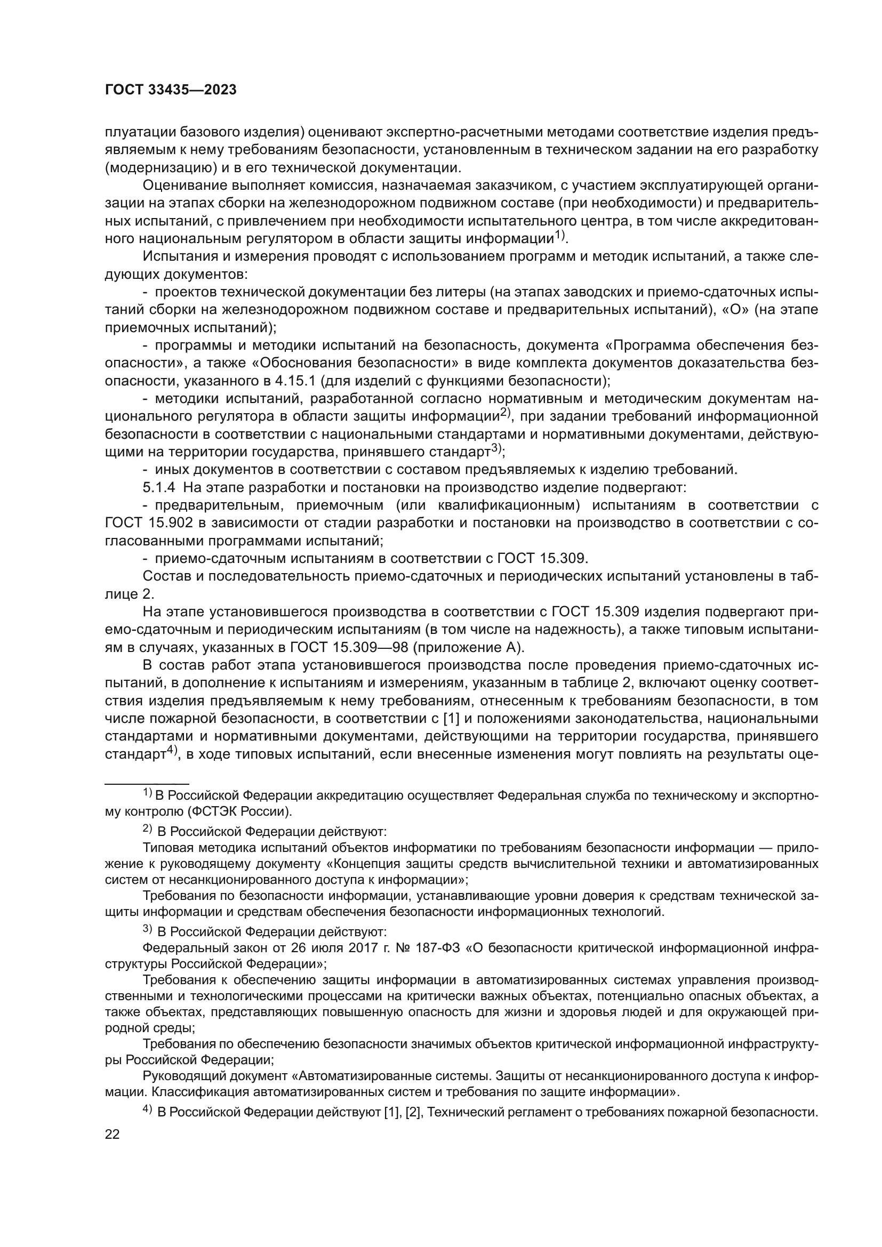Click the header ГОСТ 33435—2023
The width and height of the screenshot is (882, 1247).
tap(171, 90)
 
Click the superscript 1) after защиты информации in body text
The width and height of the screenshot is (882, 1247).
tap(560, 235)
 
